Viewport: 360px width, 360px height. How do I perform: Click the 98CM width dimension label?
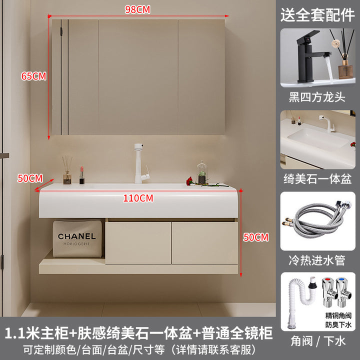[x=137, y=9]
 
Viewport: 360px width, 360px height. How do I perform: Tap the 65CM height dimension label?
[x=34, y=76]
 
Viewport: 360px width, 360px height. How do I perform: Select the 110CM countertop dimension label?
[x=138, y=198]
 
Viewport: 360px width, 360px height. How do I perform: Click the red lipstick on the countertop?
[x=81, y=175]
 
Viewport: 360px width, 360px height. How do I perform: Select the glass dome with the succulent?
[x=202, y=172]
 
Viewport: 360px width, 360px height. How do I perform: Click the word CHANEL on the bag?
[x=76, y=236]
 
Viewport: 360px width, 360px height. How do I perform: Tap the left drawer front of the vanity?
[x=138, y=242]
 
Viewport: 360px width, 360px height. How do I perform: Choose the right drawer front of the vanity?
[x=205, y=242]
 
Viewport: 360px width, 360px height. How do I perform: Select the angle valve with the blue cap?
[x=344, y=292]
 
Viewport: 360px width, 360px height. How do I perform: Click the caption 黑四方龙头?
[x=317, y=97]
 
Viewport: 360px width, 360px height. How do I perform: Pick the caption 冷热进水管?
[x=317, y=260]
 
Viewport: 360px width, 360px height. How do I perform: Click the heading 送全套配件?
[x=317, y=15]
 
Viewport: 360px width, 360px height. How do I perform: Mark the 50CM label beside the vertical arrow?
[x=256, y=237]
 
